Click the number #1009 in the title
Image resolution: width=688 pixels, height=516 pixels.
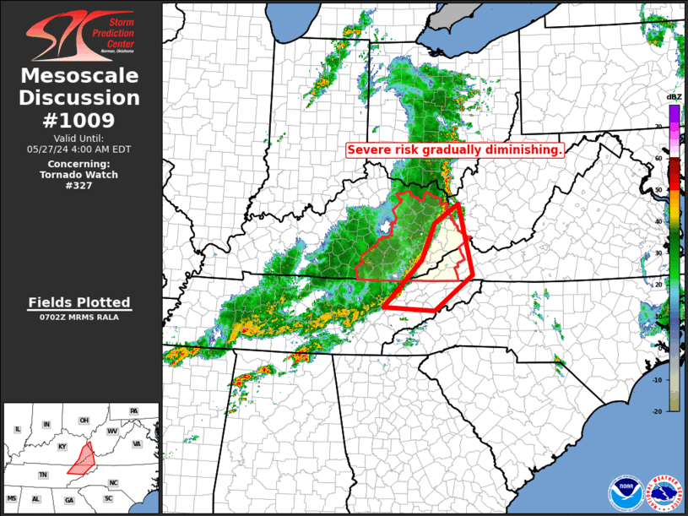click(x=79, y=120)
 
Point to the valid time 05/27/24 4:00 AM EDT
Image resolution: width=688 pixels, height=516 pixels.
click(x=79, y=149)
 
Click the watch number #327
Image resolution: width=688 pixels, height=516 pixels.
click(x=79, y=186)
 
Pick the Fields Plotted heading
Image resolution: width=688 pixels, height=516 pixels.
click(x=79, y=302)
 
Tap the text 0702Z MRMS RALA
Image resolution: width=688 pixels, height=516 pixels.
click(x=79, y=318)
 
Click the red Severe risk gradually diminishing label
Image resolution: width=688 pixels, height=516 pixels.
click(x=455, y=149)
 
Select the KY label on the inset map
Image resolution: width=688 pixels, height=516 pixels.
click(x=62, y=446)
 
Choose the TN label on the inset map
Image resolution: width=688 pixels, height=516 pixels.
click(x=42, y=475)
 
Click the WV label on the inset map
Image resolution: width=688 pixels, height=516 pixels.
click(x=112, y=431)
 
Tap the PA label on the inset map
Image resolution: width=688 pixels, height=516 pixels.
click(x=133, y=411)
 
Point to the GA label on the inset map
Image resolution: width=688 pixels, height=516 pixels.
click(x=68, y=500)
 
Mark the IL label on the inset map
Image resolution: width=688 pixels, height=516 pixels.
click(x=17, y=429)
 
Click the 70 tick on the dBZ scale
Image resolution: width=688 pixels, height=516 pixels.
click(x=658, y=128)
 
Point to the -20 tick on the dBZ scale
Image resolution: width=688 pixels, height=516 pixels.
click(x=658, y=410)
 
